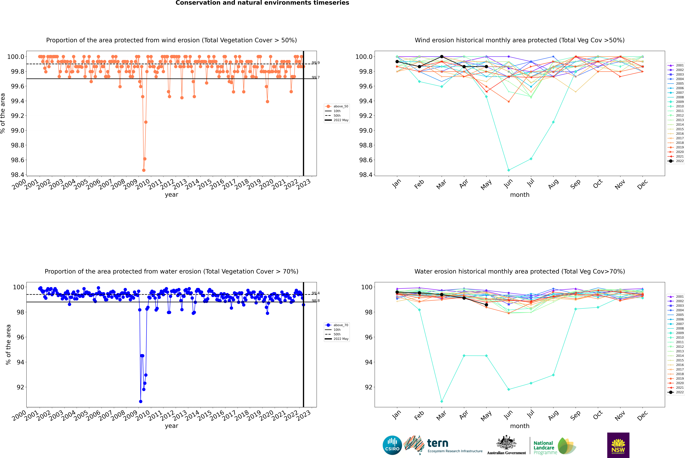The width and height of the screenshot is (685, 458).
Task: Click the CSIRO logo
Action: click(392, 445)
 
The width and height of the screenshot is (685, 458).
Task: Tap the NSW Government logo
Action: click(618, 445)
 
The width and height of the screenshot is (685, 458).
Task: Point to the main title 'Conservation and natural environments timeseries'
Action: click(262, 3)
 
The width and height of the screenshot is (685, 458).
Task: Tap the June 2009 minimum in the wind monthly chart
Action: click(509, 170)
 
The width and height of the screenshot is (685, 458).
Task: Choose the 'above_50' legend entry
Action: click(337, 106)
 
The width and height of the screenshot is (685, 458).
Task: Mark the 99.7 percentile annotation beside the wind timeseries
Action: click(316, 77)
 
